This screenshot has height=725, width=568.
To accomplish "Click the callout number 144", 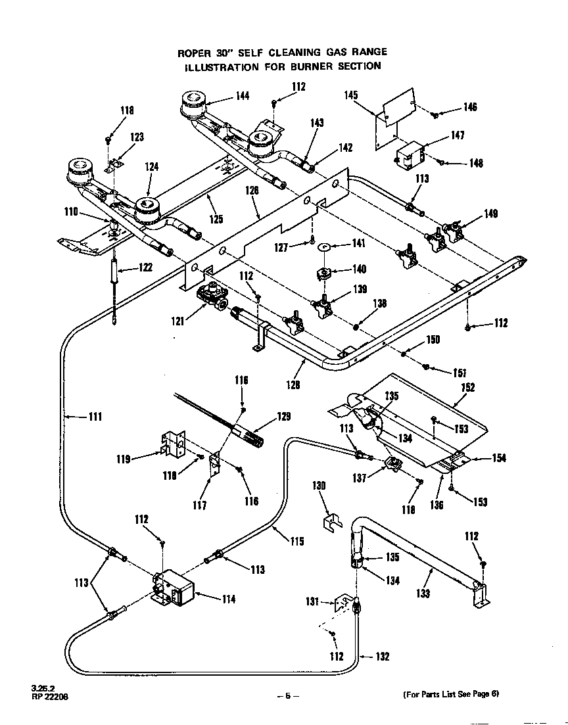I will tap(243, 96).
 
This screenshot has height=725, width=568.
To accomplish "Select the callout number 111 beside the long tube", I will tap(95, 416).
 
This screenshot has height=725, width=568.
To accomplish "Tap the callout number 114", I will tap(228, 599).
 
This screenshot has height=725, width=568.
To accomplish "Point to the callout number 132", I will tap(383, 656).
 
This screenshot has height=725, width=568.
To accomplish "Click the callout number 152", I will tap(467, 388).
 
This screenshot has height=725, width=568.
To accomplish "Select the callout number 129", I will tap(283, 417).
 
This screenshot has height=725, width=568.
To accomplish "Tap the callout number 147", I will tap(458, 135).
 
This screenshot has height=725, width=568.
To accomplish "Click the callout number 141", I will tap(358, 243).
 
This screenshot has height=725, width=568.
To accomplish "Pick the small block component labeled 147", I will tap(410, 155).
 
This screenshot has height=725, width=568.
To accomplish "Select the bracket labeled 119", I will tap(173, 444).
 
